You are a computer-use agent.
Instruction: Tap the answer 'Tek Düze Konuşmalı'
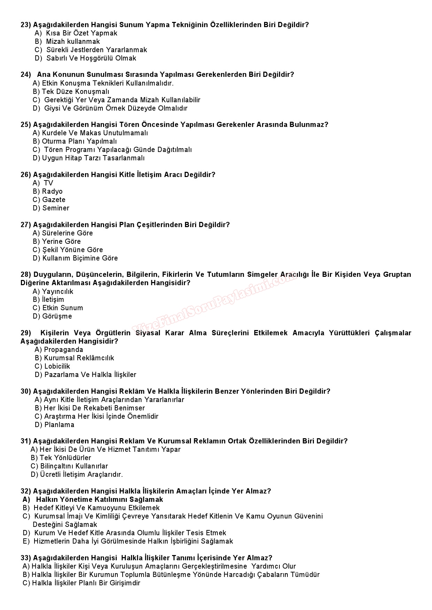click(x=75, y=92)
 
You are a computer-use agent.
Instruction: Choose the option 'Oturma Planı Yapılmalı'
click(x=79, y=142)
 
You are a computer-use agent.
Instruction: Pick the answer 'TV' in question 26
click(x=48, y=183)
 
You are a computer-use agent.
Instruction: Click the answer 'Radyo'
click(x=52, y=192)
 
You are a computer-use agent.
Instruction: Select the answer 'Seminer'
click(x=56, y=208)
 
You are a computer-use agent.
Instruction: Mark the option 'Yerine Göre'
click(x=61, y=242)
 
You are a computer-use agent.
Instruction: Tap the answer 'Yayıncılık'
click(x=57, y=292)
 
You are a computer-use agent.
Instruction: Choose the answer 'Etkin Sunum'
click(x=62, y=308)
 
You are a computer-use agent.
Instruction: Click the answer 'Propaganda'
click(x=63, y=350)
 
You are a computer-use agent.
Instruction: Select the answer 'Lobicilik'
click(x=57, y=367)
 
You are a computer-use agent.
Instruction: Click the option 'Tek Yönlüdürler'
click(x=65, y=458)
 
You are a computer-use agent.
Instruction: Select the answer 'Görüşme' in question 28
click(x=57, y=316)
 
